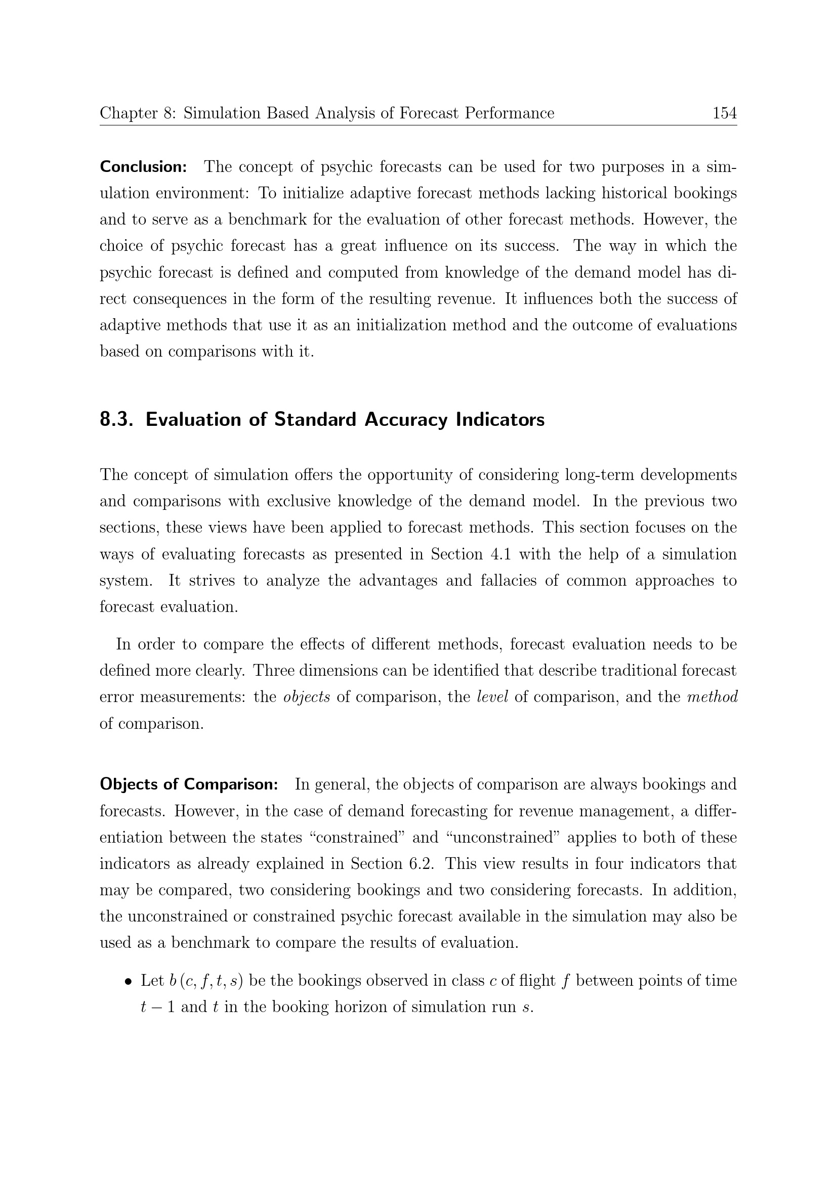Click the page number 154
point(724,113)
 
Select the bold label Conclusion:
point(143,167)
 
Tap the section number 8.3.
point(116,419)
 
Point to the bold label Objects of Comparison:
point(189,784)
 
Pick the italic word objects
point(307,697)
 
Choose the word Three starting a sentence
point(274,671)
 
